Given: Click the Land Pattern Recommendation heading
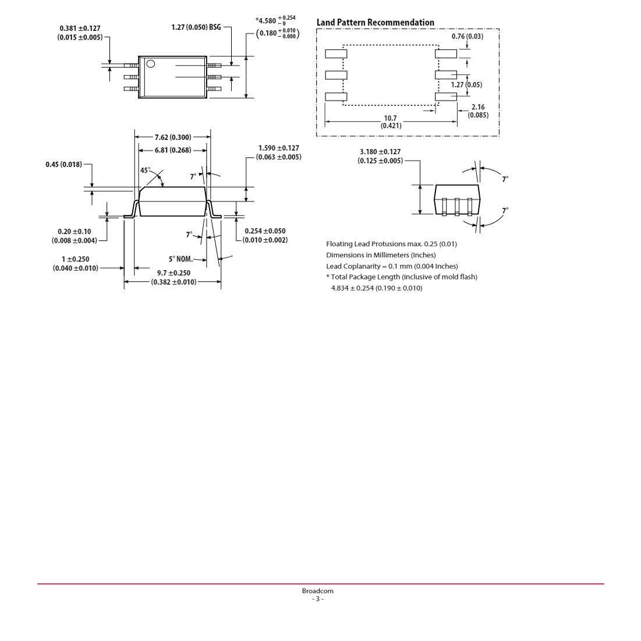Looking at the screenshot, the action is pos(376,23).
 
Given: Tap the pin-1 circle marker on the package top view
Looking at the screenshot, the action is pos(150,64).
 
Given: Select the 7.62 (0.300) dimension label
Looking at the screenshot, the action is pos(173,137).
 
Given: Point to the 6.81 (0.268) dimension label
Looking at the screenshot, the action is pos(173,150).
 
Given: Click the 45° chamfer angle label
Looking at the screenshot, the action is pos(145,170).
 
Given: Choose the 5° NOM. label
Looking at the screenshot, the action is pos(180,259).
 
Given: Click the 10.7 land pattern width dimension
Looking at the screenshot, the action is pos(391,122).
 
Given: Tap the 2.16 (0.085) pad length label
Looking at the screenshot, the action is pos(478,111).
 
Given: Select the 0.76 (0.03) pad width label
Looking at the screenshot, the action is pos(468,36).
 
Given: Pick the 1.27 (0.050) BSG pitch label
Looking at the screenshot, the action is pos(196,27).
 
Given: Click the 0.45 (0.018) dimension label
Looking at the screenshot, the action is pos(64,164).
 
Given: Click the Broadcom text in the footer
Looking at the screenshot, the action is pos(318,591).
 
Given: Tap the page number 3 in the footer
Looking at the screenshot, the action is pos(318,599).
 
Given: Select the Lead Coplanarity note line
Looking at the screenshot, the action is pos(392,266).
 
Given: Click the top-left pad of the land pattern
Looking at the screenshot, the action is pos(336,54).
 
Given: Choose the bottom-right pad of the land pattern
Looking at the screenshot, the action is pos(446,97).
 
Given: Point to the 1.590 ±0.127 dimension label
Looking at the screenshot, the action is pos(279,153).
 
